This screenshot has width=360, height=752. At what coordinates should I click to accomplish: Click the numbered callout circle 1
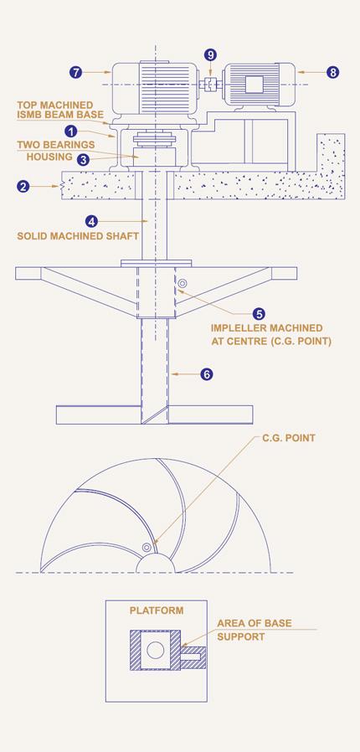point(71,131)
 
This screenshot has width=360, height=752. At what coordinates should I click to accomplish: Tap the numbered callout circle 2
point(23,186)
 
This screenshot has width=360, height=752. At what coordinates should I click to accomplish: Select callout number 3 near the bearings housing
point(84,160)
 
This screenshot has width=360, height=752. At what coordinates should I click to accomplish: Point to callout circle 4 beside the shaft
point(91,221)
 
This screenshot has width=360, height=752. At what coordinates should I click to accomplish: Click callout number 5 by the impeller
point(260,314)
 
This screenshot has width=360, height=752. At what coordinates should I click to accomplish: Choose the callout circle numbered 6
point(207,374)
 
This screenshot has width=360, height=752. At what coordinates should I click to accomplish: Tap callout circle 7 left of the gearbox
point(75,72)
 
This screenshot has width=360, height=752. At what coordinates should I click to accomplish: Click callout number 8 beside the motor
point(333,72)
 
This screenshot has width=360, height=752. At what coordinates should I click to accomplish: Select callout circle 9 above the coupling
point(210,54)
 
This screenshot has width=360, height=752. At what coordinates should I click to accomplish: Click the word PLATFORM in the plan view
point(157,610)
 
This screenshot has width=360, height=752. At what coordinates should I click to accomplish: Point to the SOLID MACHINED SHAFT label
point(78,236)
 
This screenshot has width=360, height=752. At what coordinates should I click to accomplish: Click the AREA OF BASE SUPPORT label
point(254,630)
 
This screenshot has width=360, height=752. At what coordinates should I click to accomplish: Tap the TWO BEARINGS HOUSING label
point(56,150)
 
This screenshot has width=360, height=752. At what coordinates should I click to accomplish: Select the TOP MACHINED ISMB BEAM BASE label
point(60,110)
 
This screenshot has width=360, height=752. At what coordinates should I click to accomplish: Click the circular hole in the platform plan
point(156,651)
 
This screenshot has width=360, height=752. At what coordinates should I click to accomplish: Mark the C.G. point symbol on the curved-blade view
point(147,547)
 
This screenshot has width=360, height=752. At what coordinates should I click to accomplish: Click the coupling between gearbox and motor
point(209,84)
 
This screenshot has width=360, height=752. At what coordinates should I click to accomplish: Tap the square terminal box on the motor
point(254,85)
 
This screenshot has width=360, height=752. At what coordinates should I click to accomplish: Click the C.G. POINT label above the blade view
point(289,438)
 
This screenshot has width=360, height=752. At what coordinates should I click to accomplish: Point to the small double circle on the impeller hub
point(182,284)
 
